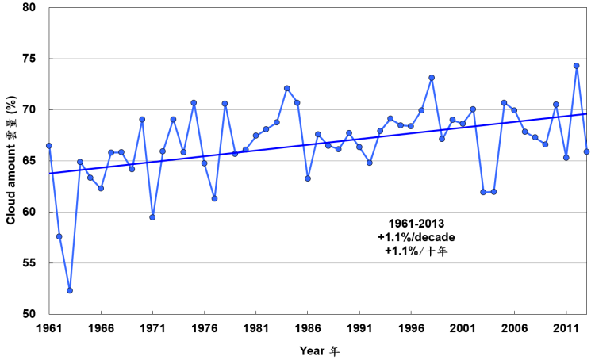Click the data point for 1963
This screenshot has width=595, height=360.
70,290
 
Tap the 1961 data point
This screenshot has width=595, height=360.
49,146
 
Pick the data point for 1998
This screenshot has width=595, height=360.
432,78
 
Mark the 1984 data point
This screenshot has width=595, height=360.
286,88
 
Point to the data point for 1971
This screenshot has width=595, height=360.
152,216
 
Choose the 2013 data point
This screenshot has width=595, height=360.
586,151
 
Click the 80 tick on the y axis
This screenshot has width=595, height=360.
28,8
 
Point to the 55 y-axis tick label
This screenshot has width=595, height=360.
28,262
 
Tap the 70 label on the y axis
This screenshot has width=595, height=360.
28,110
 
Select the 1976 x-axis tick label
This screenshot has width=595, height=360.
204,327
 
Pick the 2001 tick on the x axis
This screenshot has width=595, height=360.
463,327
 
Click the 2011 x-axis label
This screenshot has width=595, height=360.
566,327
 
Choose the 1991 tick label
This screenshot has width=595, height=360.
359,327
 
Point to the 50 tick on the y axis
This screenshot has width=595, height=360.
28,314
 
